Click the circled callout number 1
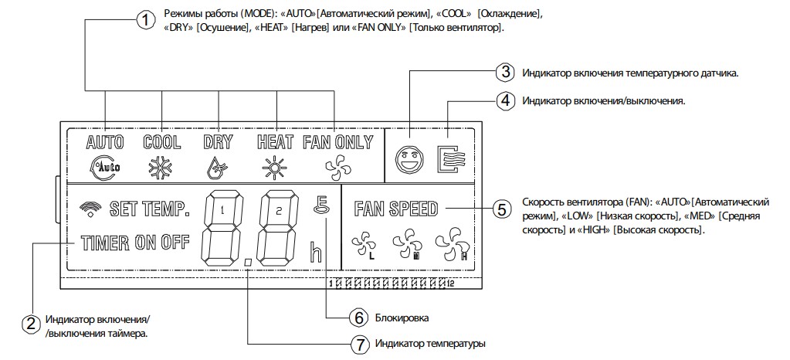click(146, 21)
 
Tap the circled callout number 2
click(31, 324)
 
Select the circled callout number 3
click(504, 72)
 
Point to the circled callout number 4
click(504, 100)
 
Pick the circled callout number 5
click(501, 209)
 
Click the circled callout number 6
click(358, 318)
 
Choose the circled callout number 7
click(358, 345)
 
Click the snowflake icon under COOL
click(161, 167)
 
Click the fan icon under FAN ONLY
click(335, 166)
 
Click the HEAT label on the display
click(275, 143)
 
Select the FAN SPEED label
click(396, 209)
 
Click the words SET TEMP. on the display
click(150, 209)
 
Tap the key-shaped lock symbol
click(320, 205)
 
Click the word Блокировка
click(402, 318)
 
